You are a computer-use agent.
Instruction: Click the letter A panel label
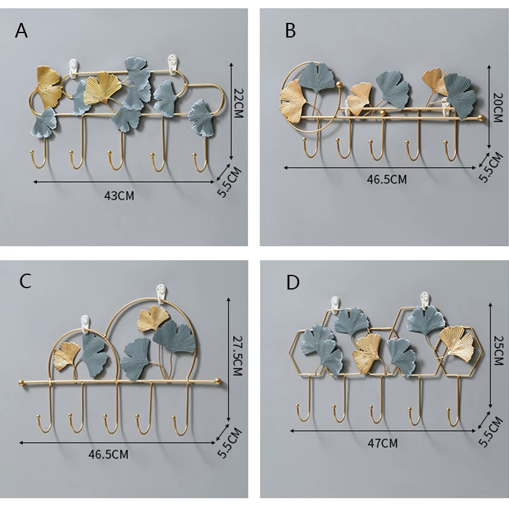(22, 30)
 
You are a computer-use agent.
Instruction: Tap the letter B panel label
(291, 30)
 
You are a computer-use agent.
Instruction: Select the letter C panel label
(25, 281)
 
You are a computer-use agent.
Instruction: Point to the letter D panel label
(293, 282)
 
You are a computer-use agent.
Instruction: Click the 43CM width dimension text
(120, 195)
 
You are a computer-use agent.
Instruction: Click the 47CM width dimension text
(384, 443)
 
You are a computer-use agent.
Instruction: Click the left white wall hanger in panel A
(73, 67)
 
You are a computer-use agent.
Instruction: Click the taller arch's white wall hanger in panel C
(160, 295)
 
